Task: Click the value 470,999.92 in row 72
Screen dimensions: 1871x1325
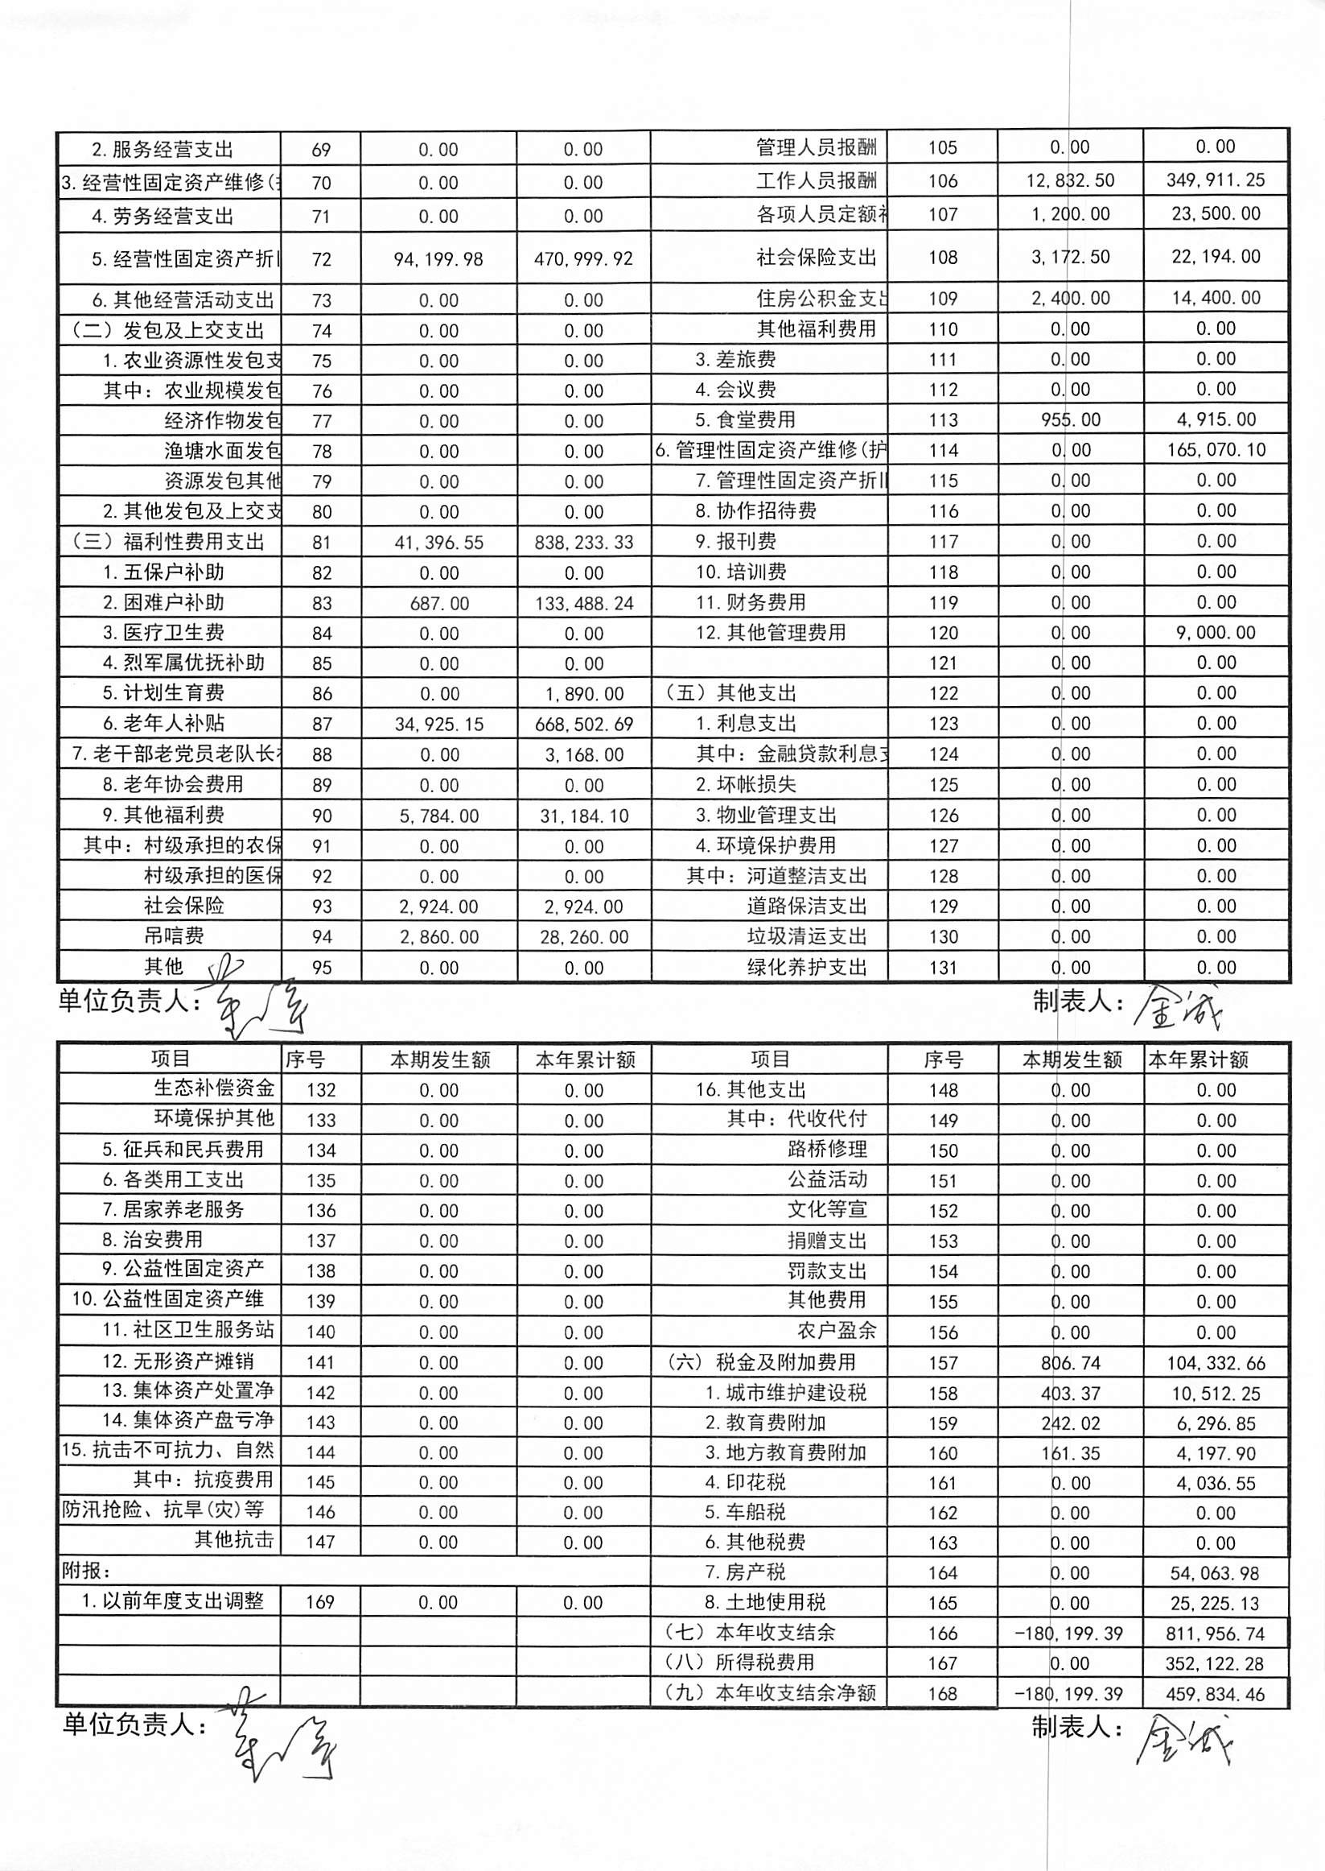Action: tap(583, 259)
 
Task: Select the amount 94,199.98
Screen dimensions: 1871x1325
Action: tap(438, 259)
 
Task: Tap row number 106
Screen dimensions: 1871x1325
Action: tap(942, 181)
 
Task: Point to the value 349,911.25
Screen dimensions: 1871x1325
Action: tap(1215, 180)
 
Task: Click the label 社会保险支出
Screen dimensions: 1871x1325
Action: tap(816, 258)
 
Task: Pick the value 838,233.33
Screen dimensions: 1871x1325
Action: tap(583, 543)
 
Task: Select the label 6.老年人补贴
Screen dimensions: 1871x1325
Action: tap(163, 723)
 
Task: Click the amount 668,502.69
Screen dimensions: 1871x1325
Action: tap(583, 724)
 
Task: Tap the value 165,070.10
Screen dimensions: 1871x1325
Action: tap(1216, 450)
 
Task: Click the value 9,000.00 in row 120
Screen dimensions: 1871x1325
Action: tap(1216, 633)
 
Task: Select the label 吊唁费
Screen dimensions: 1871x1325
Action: tap(174, 936)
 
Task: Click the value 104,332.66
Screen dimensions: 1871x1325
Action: tap(1216, 1362)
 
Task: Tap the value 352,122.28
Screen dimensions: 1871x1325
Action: tap(1216, 1662)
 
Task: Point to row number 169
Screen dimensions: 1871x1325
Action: tap(321, 1601)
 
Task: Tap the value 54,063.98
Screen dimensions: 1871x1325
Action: tap(1216, 1572)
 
